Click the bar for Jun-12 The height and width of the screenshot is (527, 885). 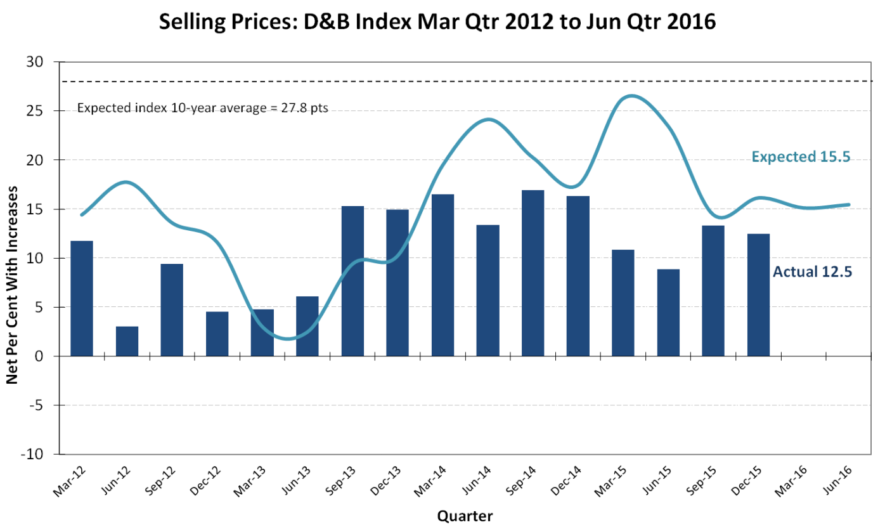[x=127, y=341]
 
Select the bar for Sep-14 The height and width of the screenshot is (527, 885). [x=533, y=273]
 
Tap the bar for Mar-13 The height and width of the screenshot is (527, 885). [x=262, y=332]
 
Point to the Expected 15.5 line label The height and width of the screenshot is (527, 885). [x=801, y=157]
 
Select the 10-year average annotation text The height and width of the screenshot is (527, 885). [x=203, y=108]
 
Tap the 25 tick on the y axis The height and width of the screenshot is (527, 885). [x=42, y=111]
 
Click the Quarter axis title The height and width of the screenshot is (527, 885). [x=465, y=515]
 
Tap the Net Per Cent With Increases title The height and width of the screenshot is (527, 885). [x=12, y=259]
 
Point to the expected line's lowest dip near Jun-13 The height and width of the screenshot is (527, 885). [x=289, y=339]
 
